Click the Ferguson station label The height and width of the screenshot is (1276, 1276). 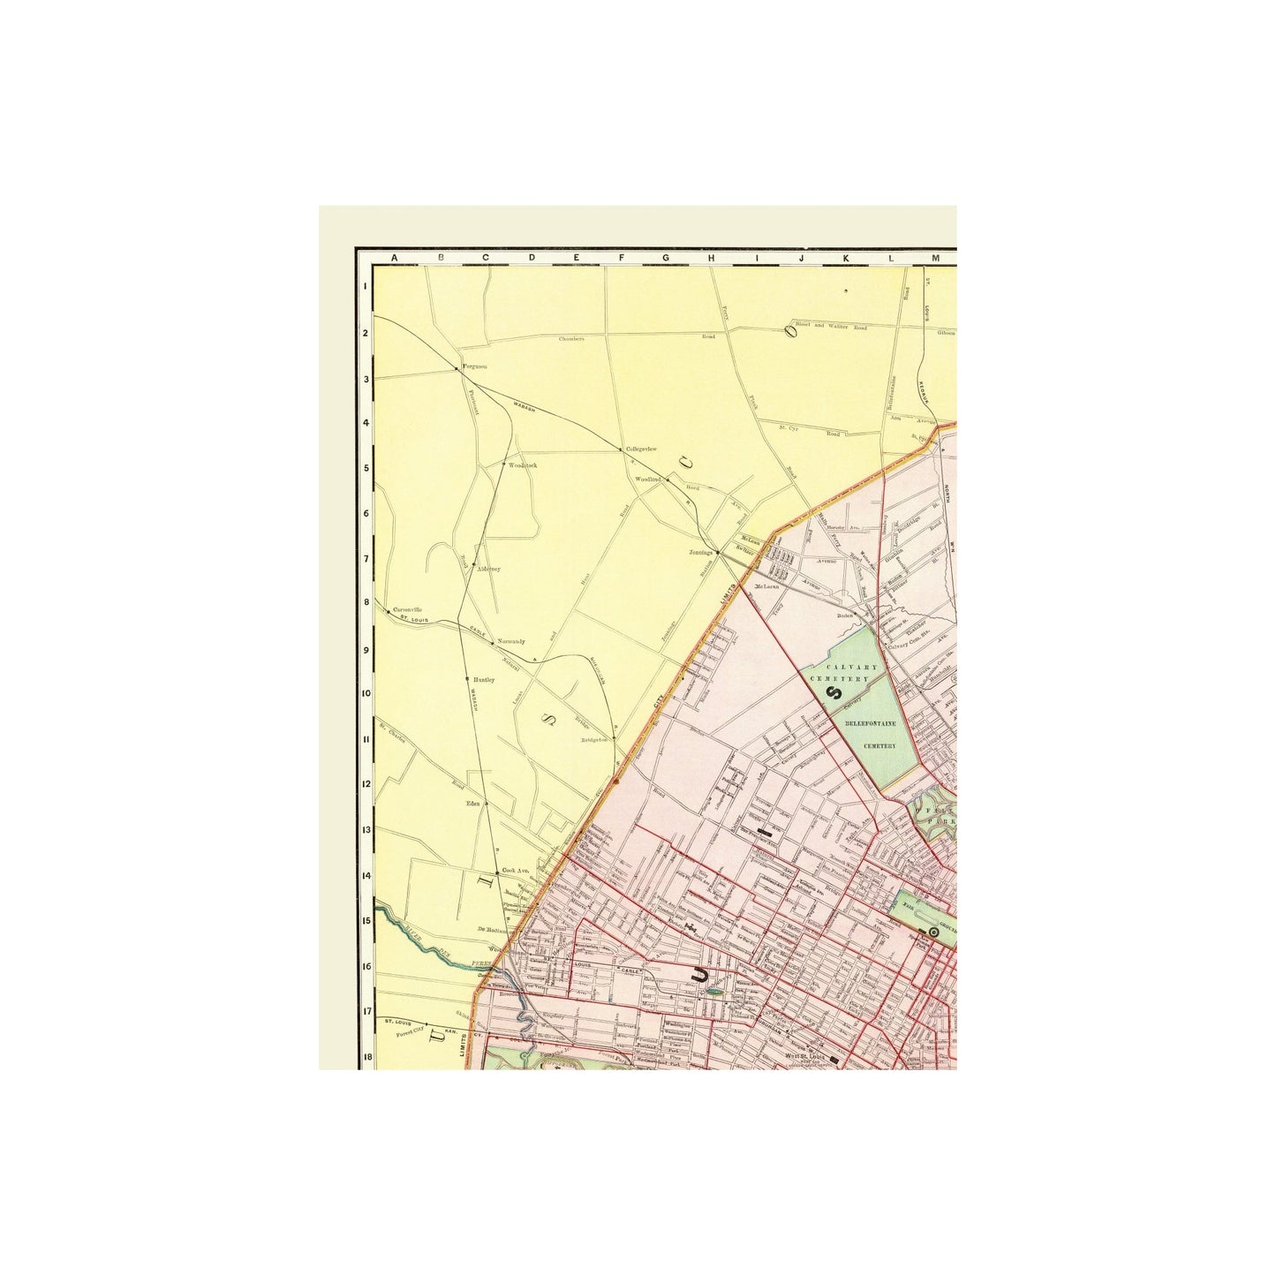(x=475, y=366)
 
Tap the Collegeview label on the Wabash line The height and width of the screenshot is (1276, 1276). (x=641, y=449)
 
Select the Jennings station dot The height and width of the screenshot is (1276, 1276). (x=717, y=554)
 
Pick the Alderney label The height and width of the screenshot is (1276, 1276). (x=488, y=569)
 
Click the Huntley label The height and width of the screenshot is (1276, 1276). (x=484, y=679)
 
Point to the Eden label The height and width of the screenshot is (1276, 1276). (x=472, y=804)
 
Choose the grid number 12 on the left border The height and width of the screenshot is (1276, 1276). (x=365, y=783)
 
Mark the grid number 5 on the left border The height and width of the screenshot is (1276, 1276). (x=365, y=467)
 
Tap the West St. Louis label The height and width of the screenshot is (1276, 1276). (x=804, y=1055)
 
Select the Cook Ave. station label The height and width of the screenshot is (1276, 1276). (x=515, y=871)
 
